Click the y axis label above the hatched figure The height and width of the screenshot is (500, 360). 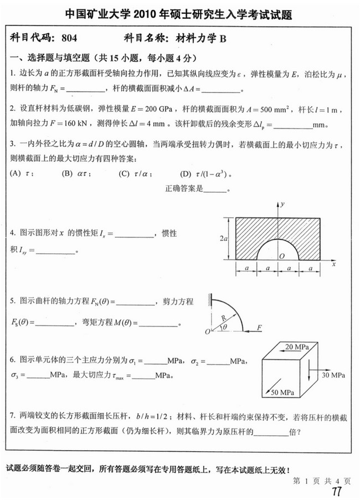(282, 205)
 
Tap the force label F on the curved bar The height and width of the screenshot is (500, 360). (260, 328)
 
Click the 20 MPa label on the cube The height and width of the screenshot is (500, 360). (296, 346)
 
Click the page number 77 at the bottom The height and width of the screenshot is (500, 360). (336, 492)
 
